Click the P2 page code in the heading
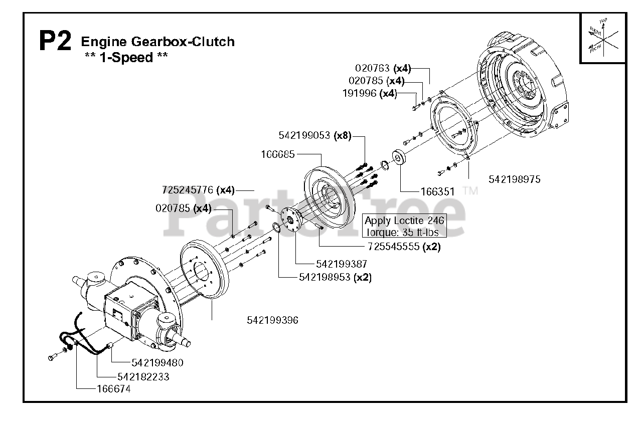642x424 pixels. pyautogui.click(x=55, y=42)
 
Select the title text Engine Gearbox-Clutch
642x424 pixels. pyautogui.click(x=157, y=41)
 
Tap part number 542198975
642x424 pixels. pyautogui.click(x=515, y=179)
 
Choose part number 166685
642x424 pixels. pyautogui.click(x=277, y=154)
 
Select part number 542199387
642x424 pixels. pyautogui.click(x=342, y=264)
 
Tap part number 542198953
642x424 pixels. pyautogui.click(x=325, y=277)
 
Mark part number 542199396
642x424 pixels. pyautogui.click(x=272, y=320)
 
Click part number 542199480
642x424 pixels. pyautogui.click(x=157, y=363)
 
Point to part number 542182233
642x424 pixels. pyautogui.click(x=143, y=377)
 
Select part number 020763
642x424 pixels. pyautogui.click(x=373, y=68)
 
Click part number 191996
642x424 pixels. pyautogui.click(x=360, y=93)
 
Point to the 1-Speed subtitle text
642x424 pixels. pyautogui.click(x=126, y=58)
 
